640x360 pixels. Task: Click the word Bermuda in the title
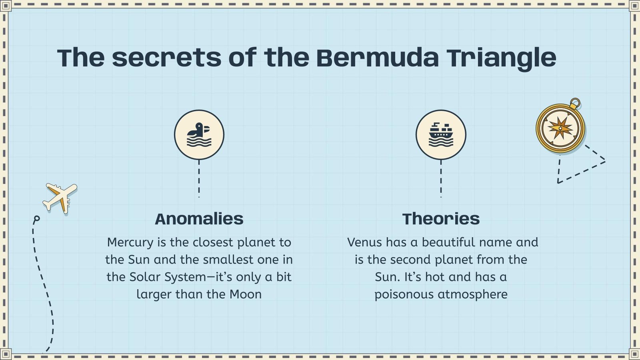377,58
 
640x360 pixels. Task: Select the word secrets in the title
166,58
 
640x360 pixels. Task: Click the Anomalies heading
199,219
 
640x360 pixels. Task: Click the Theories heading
441,219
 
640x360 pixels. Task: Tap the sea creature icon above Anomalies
199,135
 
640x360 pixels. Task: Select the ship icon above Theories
441,135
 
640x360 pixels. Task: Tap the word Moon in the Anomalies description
245,294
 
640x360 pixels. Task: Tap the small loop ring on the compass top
575,103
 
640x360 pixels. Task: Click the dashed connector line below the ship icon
441,178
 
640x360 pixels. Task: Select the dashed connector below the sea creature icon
199,178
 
